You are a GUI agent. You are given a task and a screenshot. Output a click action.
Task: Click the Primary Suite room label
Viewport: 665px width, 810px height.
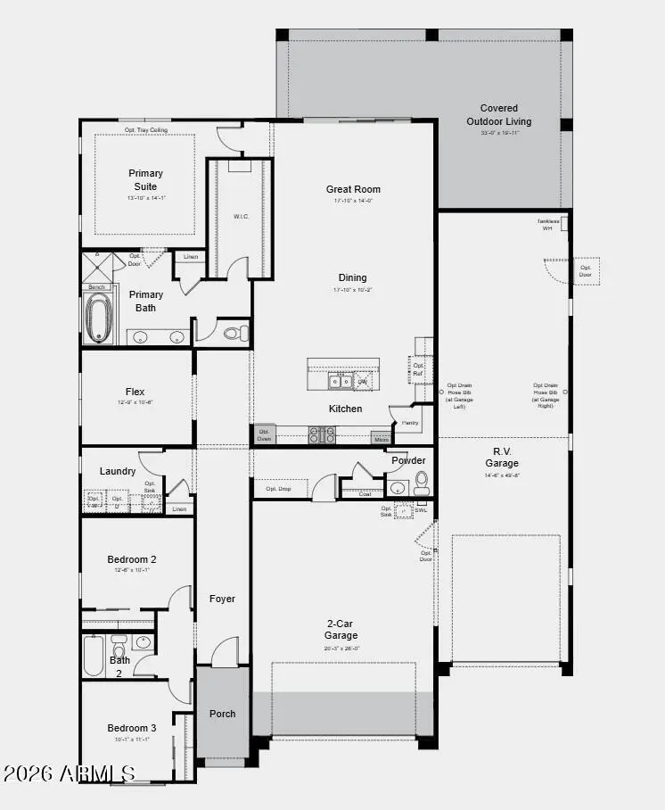[x=145, y=179]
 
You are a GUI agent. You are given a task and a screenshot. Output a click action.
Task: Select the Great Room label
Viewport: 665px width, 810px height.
[x=353, y=189]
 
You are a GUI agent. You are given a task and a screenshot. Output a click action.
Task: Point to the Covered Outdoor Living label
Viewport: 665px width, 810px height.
[x=498, y=115]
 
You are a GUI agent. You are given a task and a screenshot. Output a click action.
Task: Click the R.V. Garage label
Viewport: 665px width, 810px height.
[x=502, y=457]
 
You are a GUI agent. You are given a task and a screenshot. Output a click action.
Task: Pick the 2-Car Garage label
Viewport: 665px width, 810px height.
[x=341, y=630]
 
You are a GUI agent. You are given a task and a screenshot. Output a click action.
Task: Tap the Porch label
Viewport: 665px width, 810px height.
[x=222, y=714]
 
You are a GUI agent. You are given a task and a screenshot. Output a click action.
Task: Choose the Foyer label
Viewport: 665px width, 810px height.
[x=222, y=599]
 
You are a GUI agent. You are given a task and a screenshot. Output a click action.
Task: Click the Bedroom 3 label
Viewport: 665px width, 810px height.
[x=132, y=728]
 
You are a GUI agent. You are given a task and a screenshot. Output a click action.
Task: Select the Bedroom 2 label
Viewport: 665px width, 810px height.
[x=132, y=559]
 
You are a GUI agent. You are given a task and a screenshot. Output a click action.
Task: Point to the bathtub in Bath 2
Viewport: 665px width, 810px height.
[x=94, y=655]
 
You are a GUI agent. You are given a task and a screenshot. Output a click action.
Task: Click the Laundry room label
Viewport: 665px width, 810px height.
[x=118, y=471]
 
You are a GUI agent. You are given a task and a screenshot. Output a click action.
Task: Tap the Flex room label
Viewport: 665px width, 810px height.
[x=135, y=392]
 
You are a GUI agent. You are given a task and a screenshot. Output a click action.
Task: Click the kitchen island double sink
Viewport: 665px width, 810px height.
[x=339, y=382]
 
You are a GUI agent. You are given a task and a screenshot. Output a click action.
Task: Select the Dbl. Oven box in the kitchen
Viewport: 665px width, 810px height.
[x=264, y=434]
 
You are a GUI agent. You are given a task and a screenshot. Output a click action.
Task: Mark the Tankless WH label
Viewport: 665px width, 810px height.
[x=548, y=225]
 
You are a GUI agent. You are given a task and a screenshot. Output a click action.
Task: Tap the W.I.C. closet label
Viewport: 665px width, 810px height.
[x=241, y=216]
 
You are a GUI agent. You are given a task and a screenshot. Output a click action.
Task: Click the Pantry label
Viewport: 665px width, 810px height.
[x=410, y=423]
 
